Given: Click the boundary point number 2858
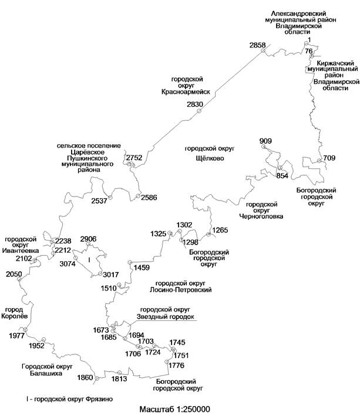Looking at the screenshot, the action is click(x=257, y=45).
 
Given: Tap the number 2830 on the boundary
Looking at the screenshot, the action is click(x=195, y=104).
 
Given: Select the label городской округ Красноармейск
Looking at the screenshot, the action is click(x=186, y=86).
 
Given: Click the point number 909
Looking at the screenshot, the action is click(x=265, y=141).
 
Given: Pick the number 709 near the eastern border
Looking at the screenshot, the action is click(x=329, y=158).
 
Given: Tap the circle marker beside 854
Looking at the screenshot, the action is click(x=280, y=167).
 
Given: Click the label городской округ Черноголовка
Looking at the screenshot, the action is click(x=261, y=211).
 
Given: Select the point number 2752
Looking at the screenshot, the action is click(x=134, y=158).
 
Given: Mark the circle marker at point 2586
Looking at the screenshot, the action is click(x=138, y=196).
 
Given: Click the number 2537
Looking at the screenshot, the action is click(x=99, y=201).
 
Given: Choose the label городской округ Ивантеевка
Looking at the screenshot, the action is click(x=21, y=245).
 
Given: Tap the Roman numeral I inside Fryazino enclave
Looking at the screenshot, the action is click(x=89, y=261).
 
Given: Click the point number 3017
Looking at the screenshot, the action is click(x=111, y=275).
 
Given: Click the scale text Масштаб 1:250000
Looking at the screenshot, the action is click(x=174, y=409).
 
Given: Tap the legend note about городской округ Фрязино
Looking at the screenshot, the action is click(x=69, y=399).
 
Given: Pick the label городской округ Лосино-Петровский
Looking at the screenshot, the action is click(x=180, y=286).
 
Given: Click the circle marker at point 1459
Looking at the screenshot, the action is click(x=130, y=262).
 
